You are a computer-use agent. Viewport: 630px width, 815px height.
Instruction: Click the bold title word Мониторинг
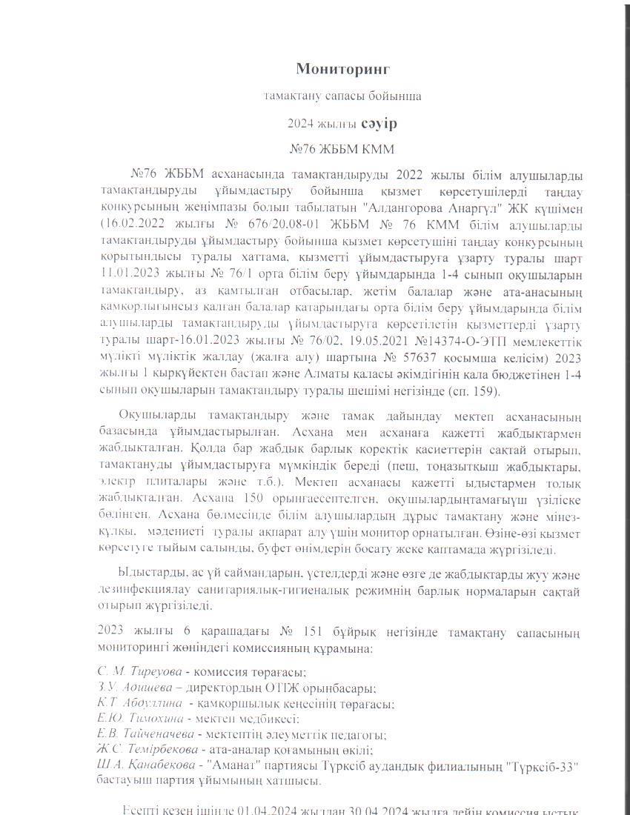[x=342, y=69]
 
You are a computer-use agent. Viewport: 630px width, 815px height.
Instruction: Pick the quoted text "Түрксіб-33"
[x=540, y=765]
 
